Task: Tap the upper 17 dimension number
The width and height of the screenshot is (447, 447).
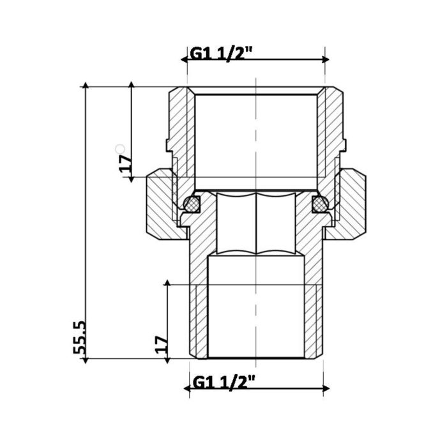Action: [x=125, y=165]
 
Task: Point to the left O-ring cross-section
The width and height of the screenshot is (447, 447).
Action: [x=190, y=204]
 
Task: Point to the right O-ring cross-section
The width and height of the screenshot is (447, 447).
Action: [x=319, y=204]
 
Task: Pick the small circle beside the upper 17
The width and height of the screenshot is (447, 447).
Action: [x=117, y=148]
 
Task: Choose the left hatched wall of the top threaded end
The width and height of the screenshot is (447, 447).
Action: [x=181, y=128]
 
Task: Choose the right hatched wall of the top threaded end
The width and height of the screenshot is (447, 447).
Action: [x=331, y=128]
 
